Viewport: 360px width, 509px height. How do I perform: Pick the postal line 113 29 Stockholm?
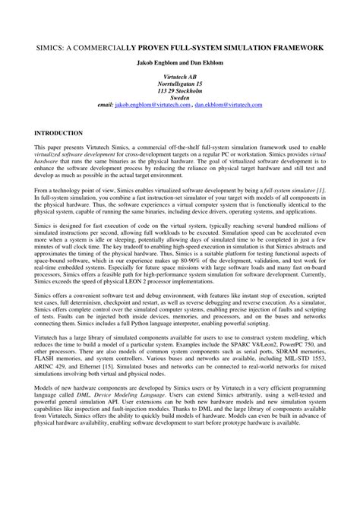click(x=180, y=98)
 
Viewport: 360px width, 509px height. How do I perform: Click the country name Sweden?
click(x=180, y=106)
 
